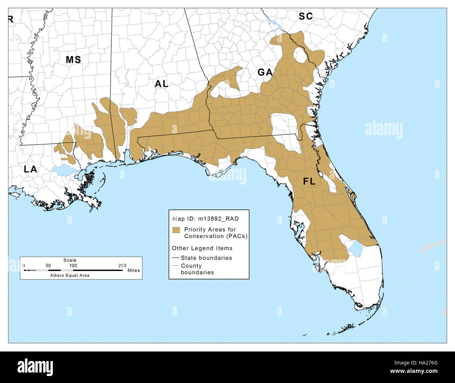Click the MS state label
coord(73,60)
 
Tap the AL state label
coord(161,84)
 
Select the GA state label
coord(265,72)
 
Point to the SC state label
coord(306,16)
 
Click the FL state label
coord(309,182)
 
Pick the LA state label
coord(30,169)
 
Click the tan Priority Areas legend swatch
coord(176,230)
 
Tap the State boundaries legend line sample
coord(176,258)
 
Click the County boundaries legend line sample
coord(176,266)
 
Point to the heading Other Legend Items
coord(202,248)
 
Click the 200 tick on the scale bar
coord(122,266)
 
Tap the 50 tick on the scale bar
coord(48,266)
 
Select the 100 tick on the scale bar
coord(73,266)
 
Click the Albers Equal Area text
coord(70,276)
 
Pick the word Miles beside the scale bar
coord(134,270)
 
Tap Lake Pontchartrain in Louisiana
coord(65,170)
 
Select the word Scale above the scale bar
coord(70,260)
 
